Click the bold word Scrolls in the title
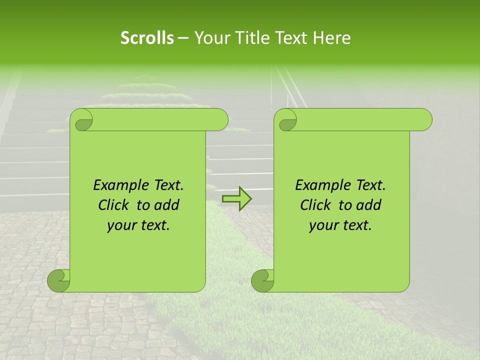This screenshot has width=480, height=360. (147, 38)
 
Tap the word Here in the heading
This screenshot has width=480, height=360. (332, 38)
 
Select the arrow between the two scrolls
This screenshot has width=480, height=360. (236, 198)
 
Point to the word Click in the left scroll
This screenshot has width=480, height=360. (114, 205)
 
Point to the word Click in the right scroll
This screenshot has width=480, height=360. (316, 205)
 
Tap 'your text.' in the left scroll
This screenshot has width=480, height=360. (138, 225)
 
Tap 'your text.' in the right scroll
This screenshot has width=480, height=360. (340, 225)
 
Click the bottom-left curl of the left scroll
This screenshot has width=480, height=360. (58, 280)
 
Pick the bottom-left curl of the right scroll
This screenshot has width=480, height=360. (262, 280)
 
